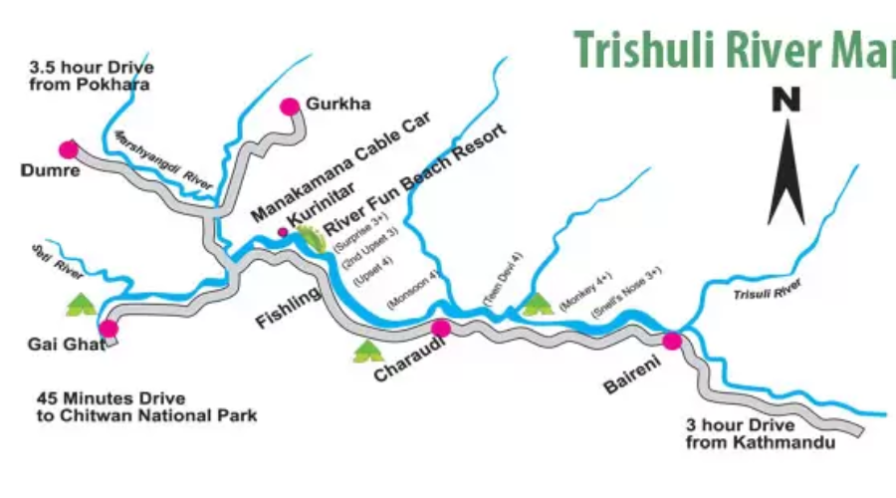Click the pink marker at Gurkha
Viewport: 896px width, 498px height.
click(x=290, y=106)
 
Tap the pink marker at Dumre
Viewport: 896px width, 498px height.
click(x=68, y=149)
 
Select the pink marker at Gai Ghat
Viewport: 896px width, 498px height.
click(x=109, y=328)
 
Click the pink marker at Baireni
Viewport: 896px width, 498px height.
click(x=672, y=341)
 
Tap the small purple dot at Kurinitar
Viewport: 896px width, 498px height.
click(x=283, y=232)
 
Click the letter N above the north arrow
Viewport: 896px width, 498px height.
click(x=786, y=100)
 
